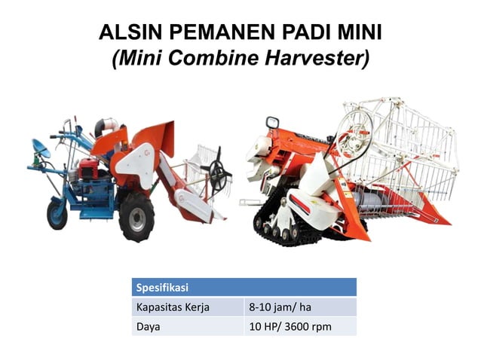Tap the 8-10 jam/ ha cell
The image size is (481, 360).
click(277, 307)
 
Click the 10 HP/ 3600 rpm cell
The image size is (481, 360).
click(291, 327)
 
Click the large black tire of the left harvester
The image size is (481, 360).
click(136, 215)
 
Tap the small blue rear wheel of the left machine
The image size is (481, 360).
click(57, 213)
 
